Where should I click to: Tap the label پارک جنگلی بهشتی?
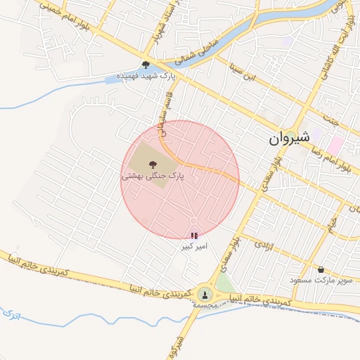(153, 176)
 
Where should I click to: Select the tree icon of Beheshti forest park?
(154, 162)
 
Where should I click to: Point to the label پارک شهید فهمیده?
(145, 75)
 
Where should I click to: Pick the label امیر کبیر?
(193, 247)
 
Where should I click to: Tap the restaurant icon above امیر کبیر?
(194, 236)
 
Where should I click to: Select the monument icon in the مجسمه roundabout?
(205, 294)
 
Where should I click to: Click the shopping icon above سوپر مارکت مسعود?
(321, 269)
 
